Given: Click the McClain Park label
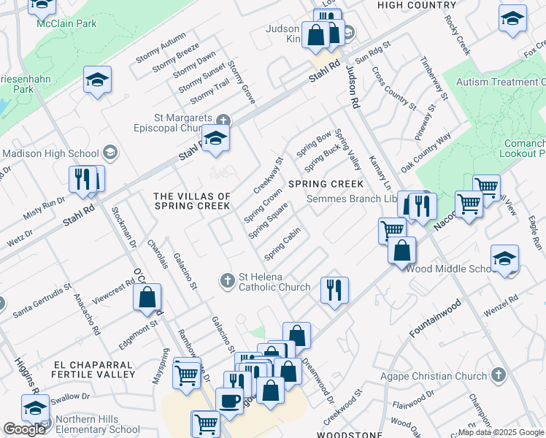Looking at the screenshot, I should (66, 23).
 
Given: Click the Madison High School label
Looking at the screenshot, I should (50, 153).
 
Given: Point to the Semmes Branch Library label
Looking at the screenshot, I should (357, 199).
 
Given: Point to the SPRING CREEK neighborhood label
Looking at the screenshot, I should (326, 184).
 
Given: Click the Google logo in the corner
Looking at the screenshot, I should (24, 429).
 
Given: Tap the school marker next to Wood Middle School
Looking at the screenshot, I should (504, 260).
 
